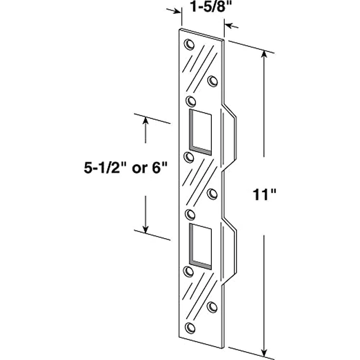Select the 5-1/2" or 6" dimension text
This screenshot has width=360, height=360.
tap(125, 167)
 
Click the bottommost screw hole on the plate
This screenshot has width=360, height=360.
tap(191, 327)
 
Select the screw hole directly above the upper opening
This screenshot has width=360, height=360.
tap(190, 100)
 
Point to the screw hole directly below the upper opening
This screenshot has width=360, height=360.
tap(189, 156)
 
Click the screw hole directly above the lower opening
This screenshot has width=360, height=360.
tap(190, 213)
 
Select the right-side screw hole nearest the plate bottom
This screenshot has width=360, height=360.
tap(212, 307)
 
